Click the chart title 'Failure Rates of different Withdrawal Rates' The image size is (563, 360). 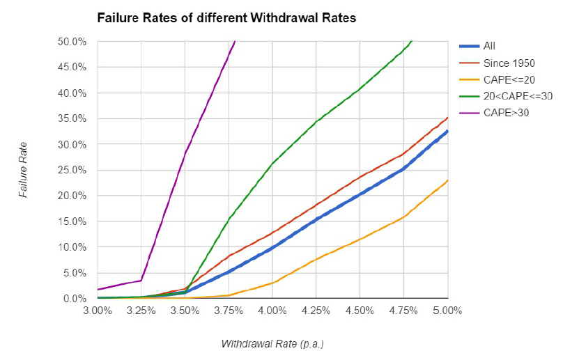point(226,17)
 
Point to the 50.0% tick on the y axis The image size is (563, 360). point(72,42)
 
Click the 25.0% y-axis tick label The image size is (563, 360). point(72,170)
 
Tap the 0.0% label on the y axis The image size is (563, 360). point(75,299)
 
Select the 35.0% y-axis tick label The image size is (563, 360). point(72,119)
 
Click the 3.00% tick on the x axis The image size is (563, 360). point(98,311)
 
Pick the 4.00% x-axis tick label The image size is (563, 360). point(272,311)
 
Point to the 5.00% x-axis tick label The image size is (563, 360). point(447,311)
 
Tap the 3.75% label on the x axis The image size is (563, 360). point(229,311)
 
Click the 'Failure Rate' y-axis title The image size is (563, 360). point(23,170)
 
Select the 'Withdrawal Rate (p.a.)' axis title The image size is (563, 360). point(272,344)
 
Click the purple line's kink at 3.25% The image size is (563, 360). point(141,281)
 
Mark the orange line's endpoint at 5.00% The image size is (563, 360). point(448,180)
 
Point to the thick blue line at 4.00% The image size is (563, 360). point(272,247)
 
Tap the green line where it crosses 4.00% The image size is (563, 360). point(272,164)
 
